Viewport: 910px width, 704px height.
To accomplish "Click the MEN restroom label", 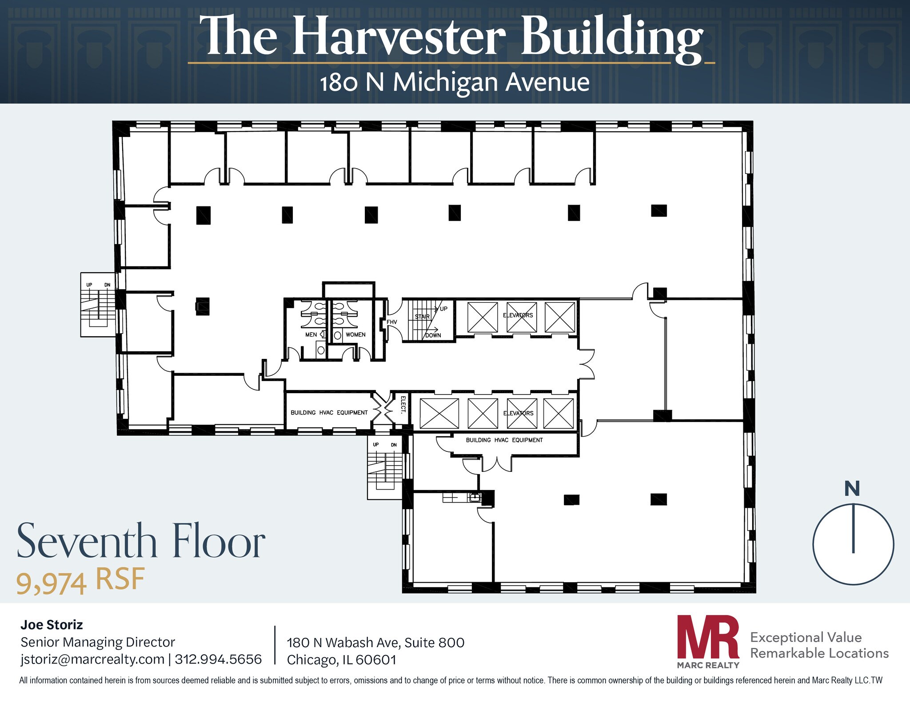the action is [x=311, y=334].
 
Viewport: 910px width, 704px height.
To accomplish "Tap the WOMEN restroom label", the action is [x=355, y=334].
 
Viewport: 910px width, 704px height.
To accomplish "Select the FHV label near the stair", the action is [x=391, y=322].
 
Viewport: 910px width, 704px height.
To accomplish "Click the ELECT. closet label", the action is [x=403, y=404].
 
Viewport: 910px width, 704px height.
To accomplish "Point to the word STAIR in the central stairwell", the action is [x=422, y=317].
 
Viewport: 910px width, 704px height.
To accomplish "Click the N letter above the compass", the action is [x=852, y=489].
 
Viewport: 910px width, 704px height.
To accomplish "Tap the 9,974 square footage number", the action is [x=51, y=583].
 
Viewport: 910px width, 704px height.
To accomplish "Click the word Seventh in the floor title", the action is [x=87, y=542].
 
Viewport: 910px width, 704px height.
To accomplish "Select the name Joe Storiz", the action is [x=52, y=625].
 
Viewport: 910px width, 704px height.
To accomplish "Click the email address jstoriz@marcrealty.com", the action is [x=92, y=659].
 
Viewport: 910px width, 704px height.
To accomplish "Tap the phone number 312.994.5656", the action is [x=218, y=659].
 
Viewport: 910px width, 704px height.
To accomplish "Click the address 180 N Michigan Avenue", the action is [x=455, y=82].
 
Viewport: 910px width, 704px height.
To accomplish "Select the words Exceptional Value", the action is [x=806, y=637].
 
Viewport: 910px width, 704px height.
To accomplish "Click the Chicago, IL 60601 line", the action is [x=341, y=660].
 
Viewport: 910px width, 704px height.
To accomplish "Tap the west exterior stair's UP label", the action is [x=89, y=285].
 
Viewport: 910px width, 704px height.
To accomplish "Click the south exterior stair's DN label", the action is [x=394, y=445].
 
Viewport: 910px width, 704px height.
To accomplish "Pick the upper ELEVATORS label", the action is [x=518, y=315].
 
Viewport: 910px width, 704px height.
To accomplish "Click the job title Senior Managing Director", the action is [x=98, y=642].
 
